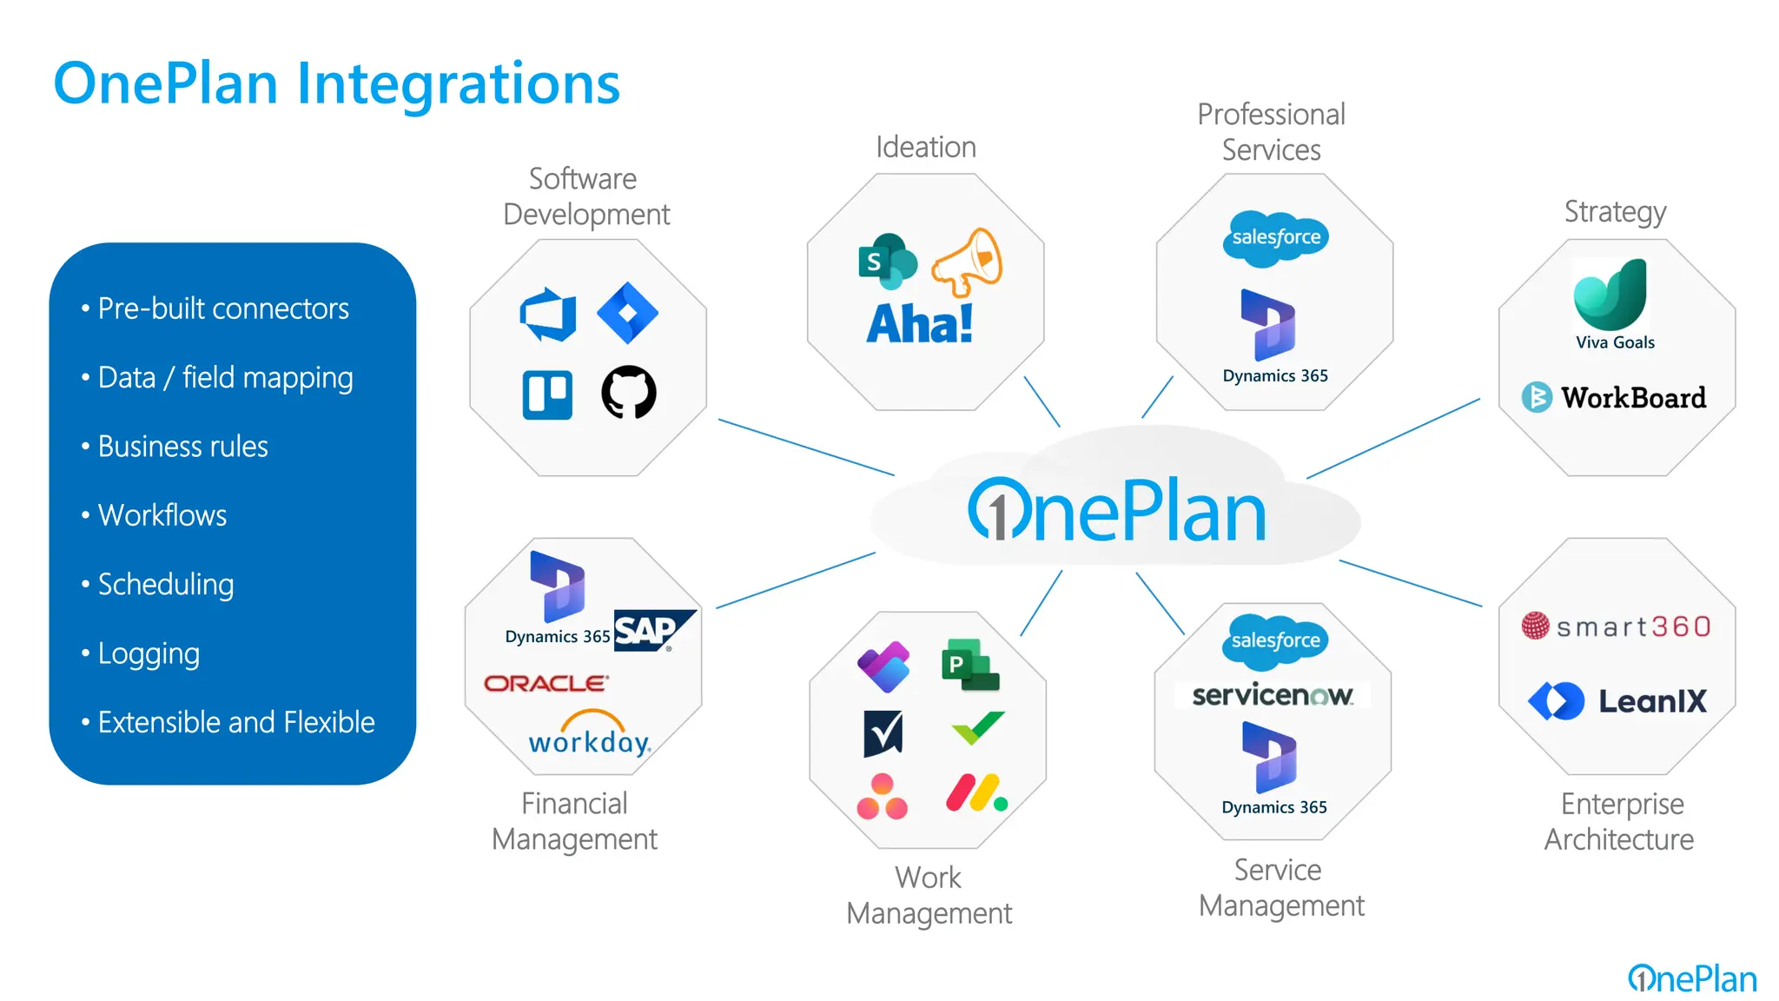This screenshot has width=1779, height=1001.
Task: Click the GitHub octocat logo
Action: coord(629,392)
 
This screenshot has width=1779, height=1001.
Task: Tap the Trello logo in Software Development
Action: coord(547,394)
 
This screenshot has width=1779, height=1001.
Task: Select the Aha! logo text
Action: coord(919,324)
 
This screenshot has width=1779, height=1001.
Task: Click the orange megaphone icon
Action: coord(967,261)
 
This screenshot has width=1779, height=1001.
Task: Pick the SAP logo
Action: coord(653,630)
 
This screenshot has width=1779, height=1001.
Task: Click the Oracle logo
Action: coord(546,683)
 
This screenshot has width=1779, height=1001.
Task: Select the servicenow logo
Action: coord(1272,695)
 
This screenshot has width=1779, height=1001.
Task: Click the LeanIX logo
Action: coord(1617,700)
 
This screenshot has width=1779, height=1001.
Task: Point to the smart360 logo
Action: coord(1617,626)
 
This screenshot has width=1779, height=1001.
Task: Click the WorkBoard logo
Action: coord(1614,397)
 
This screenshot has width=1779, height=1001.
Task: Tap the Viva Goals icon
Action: coord(1611,295)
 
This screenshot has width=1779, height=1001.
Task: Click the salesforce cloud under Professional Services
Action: coord(1275,237)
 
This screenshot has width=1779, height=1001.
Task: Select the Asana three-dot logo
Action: coord(882,797)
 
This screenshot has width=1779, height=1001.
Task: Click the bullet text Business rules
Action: coord(182,446)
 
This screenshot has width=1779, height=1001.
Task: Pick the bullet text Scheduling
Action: coord(165,584)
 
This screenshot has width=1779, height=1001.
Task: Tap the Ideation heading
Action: coord(925,147)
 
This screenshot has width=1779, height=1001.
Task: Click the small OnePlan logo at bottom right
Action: coord(1692,978)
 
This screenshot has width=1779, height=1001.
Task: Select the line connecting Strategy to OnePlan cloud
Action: coord(1393,438)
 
